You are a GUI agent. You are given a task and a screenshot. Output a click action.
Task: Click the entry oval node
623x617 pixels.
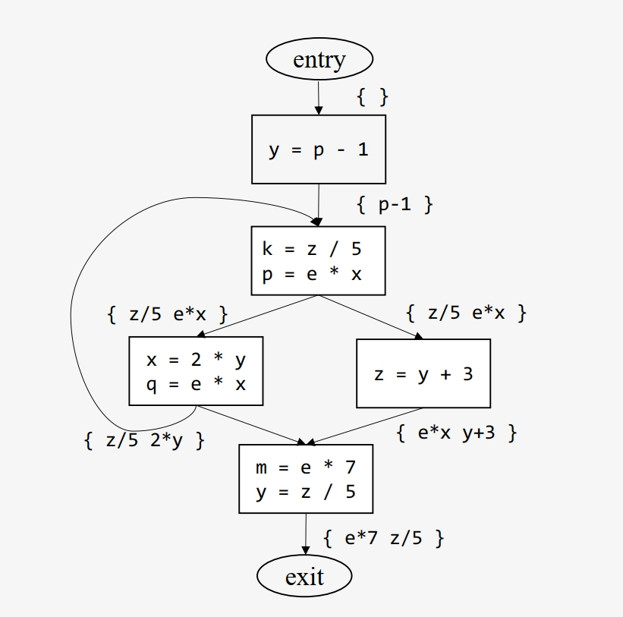(319, 59)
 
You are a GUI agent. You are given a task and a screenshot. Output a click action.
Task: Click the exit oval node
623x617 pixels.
(304, 577)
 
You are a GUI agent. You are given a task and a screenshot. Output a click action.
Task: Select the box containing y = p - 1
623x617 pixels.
(319, 150)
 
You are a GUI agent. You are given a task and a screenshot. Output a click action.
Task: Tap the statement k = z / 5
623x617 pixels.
(312, 249)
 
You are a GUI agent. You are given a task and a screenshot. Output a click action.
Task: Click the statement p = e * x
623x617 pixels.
(312, 274)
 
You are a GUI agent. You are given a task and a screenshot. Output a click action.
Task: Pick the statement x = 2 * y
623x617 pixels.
(197, 360)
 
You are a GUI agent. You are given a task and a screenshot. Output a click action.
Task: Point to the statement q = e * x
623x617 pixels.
(197, 385)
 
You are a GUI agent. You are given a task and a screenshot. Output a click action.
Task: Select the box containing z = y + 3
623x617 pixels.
(423, 373)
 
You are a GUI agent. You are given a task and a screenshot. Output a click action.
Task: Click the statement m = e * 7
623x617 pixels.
(306, 467)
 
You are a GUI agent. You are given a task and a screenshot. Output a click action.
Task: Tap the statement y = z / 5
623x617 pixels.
(306, 493)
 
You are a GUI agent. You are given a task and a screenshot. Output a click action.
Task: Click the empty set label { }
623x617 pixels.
(373, 96)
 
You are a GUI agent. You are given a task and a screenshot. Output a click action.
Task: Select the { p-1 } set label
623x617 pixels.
(395, 204)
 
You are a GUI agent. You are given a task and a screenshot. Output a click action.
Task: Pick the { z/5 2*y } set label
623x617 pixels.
(144, 440)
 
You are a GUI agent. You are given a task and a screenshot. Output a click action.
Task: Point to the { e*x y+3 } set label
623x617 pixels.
(458, 433)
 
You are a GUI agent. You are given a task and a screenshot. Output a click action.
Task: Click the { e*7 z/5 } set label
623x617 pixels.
(383, 539)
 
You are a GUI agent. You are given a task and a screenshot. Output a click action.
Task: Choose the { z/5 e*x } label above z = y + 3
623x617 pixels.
(466, 312)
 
